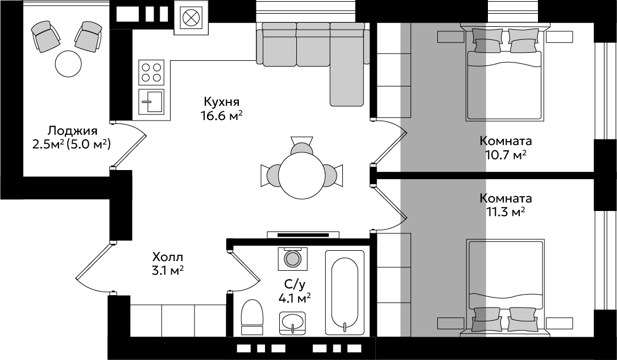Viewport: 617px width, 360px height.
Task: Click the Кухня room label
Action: [x=222, y=102]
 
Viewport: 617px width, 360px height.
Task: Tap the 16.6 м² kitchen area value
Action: [x=221, y=116]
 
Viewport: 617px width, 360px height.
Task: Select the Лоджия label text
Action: [x=72, y=131]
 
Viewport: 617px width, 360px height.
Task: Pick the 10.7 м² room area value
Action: [x=506, y=155]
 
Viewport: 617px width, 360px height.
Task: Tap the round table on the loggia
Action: [x=68, y=64]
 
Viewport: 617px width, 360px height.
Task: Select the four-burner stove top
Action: [x=151, y=72]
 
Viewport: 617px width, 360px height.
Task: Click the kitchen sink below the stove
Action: [x=151, y=101]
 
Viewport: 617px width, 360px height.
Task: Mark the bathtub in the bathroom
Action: [x=345, y=293]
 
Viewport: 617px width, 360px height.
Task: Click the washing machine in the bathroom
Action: [x=292, y=259]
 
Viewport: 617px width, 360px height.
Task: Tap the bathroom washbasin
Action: [x=292, y=323]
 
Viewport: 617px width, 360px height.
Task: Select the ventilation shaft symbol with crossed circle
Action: [x=191, y=18]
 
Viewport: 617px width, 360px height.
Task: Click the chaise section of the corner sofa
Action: [x=346, y=84]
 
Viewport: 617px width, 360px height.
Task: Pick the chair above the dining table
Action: [x=302, y=146]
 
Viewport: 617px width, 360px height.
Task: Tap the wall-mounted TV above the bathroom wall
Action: [x=303, y=235]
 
